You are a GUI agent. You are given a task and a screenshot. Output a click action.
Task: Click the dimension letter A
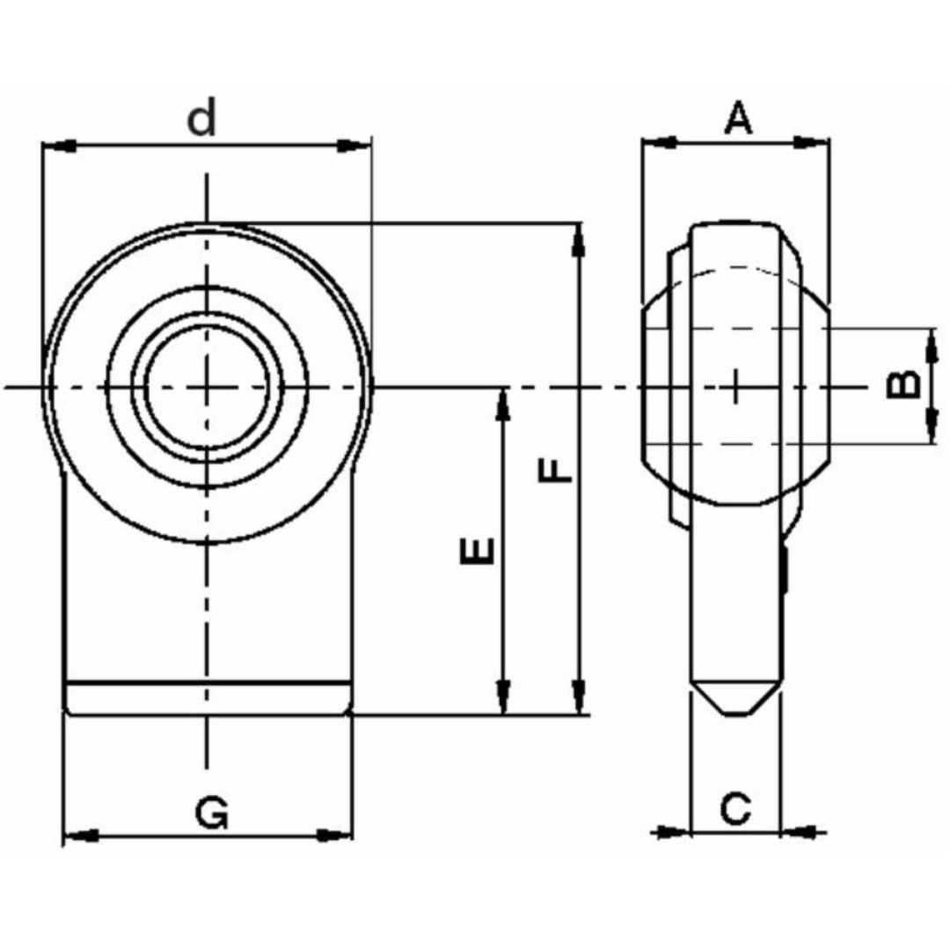point(738,118)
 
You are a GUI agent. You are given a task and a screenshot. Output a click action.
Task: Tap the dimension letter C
point(735,808)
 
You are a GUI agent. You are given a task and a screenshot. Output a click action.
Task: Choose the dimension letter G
point(212,814)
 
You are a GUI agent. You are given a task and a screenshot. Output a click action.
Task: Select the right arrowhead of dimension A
point(814,142)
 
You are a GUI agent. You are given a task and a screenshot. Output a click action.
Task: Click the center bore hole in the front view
point(207,385)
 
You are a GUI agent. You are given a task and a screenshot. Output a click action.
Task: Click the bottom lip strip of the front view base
point(208,698)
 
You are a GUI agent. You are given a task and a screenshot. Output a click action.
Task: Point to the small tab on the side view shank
point(783,570)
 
